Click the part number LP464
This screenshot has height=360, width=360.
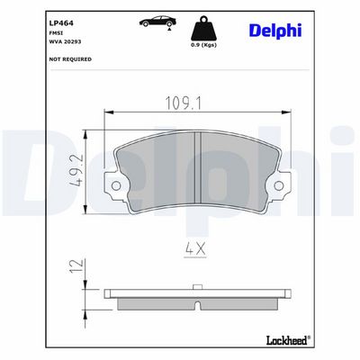pos(61,23)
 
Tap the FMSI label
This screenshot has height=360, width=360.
pos(54,33)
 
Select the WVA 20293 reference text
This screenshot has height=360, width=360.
pos(65,41)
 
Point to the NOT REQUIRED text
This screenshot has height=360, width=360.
pos(70,59)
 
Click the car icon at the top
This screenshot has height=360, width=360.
pos(157,22)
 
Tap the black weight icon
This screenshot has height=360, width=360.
pos(204,28)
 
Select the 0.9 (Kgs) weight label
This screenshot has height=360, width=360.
pos(204,45)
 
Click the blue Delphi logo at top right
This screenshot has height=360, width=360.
pos(275,31)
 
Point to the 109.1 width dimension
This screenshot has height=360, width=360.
pos(184,103)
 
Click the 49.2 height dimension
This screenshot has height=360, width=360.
pos(76,171)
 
